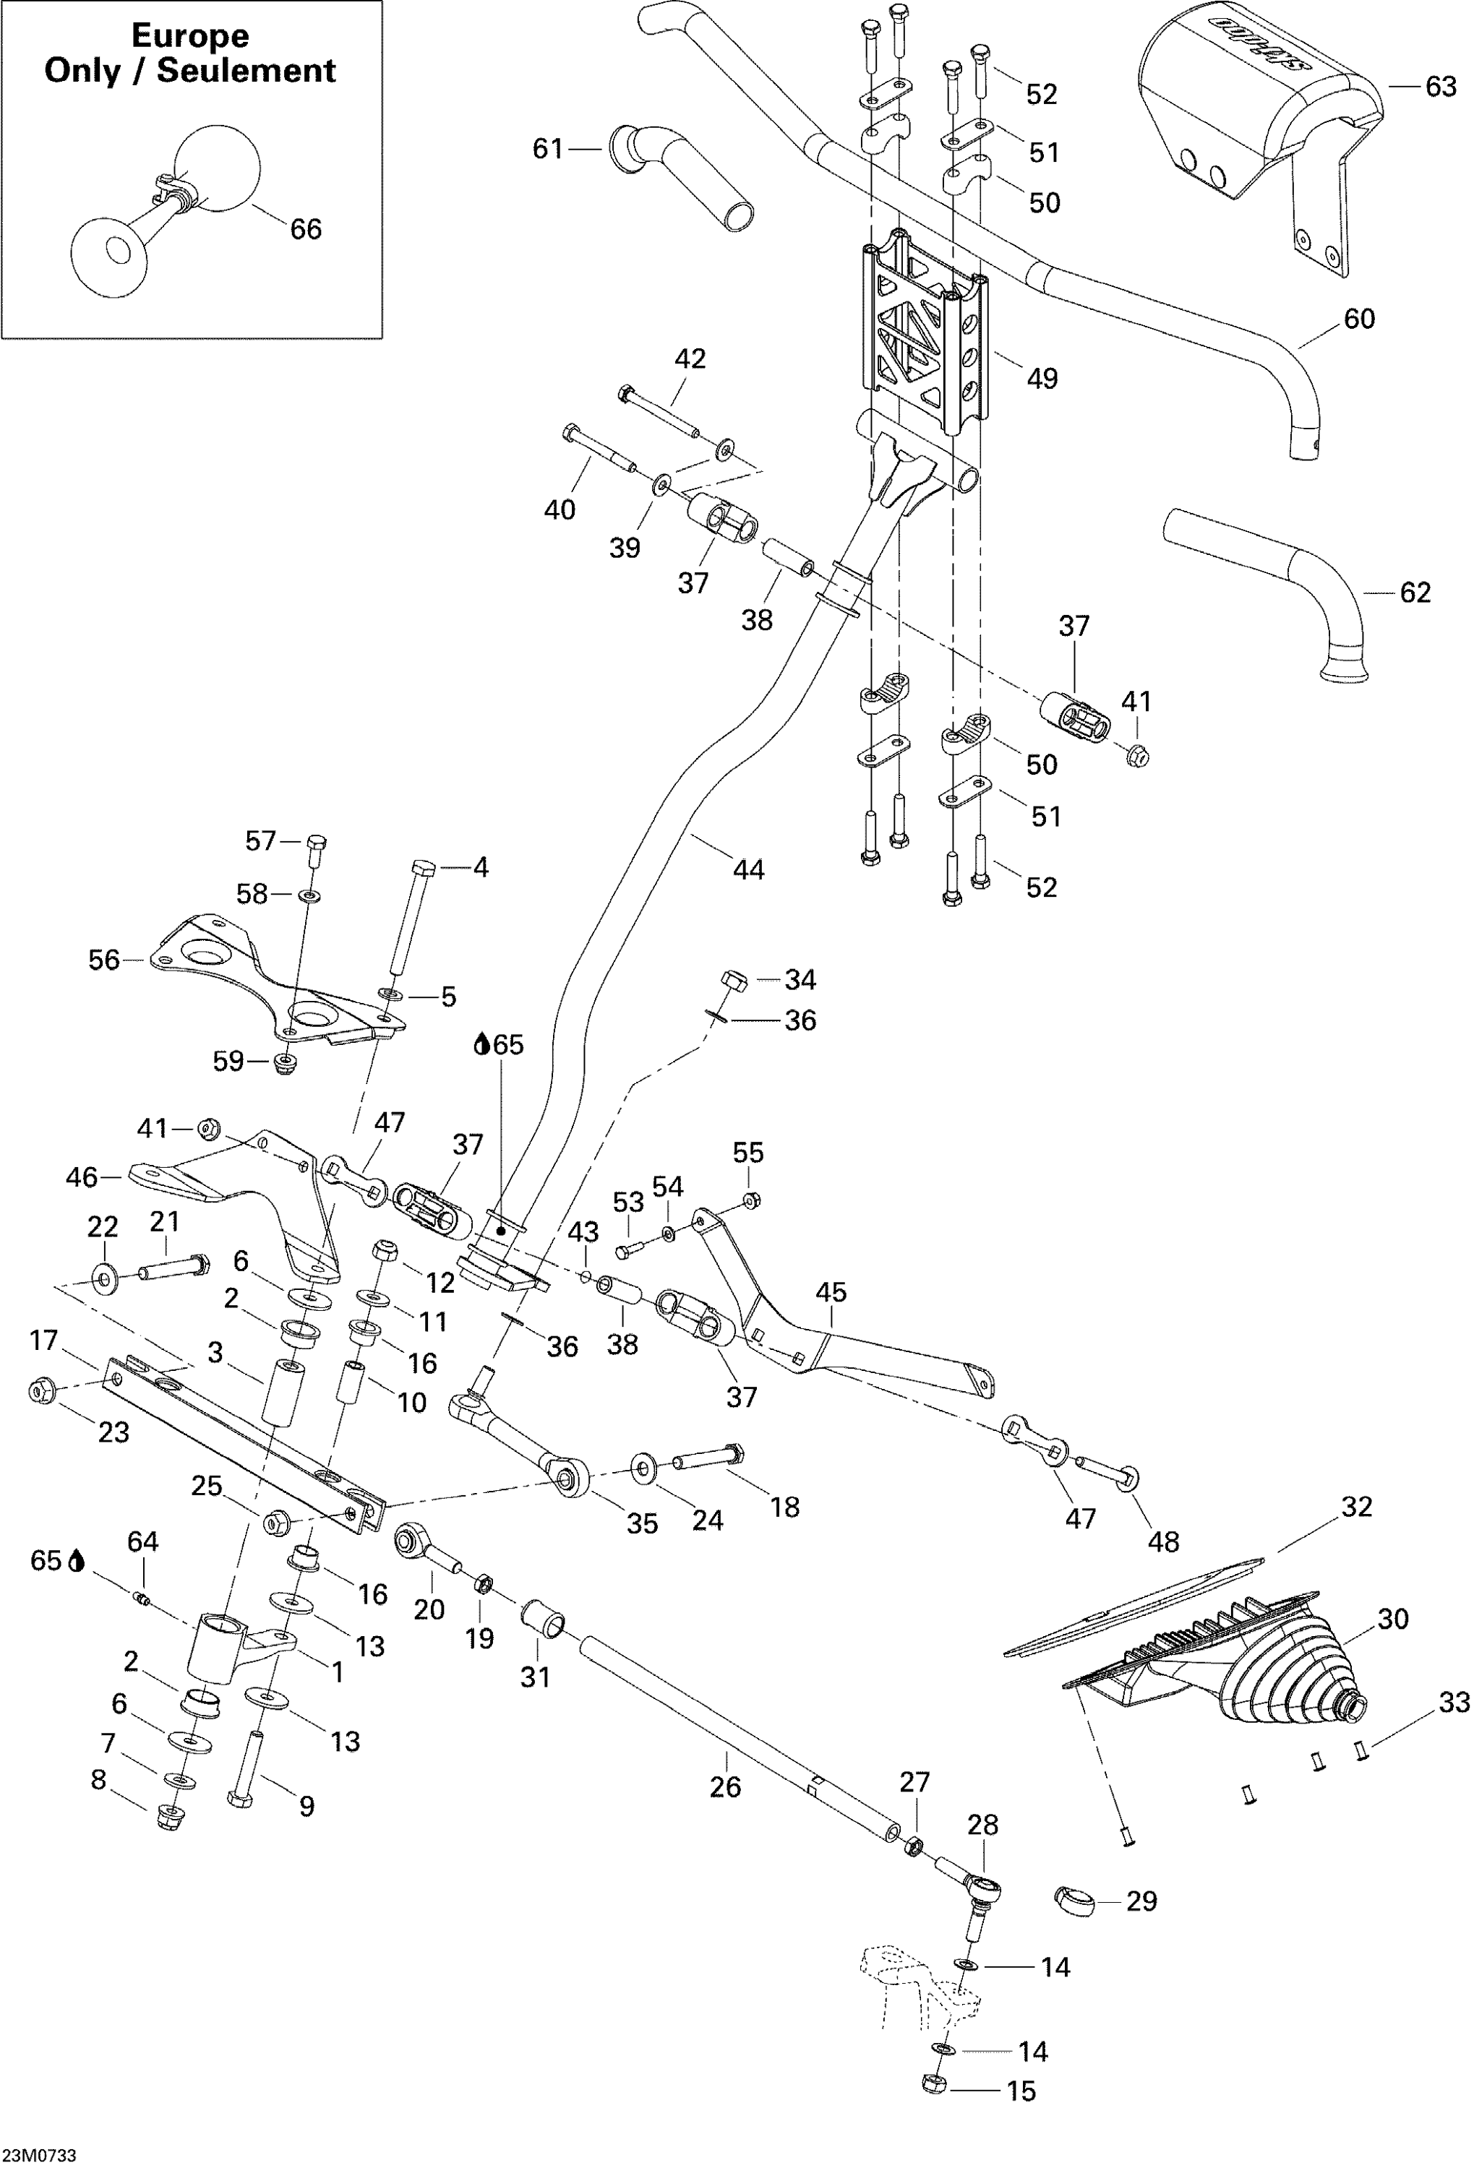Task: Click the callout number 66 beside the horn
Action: pos(306,230)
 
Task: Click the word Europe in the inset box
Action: pos(190,35)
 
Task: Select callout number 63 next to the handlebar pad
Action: pos(1441,87)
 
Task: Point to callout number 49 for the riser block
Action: pos(1042,378)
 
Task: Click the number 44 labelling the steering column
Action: pos(748,869)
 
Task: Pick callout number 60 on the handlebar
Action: pos(1358,319)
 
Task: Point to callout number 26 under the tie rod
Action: pos(725,1786)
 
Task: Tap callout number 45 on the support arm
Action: pos(831,1292)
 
